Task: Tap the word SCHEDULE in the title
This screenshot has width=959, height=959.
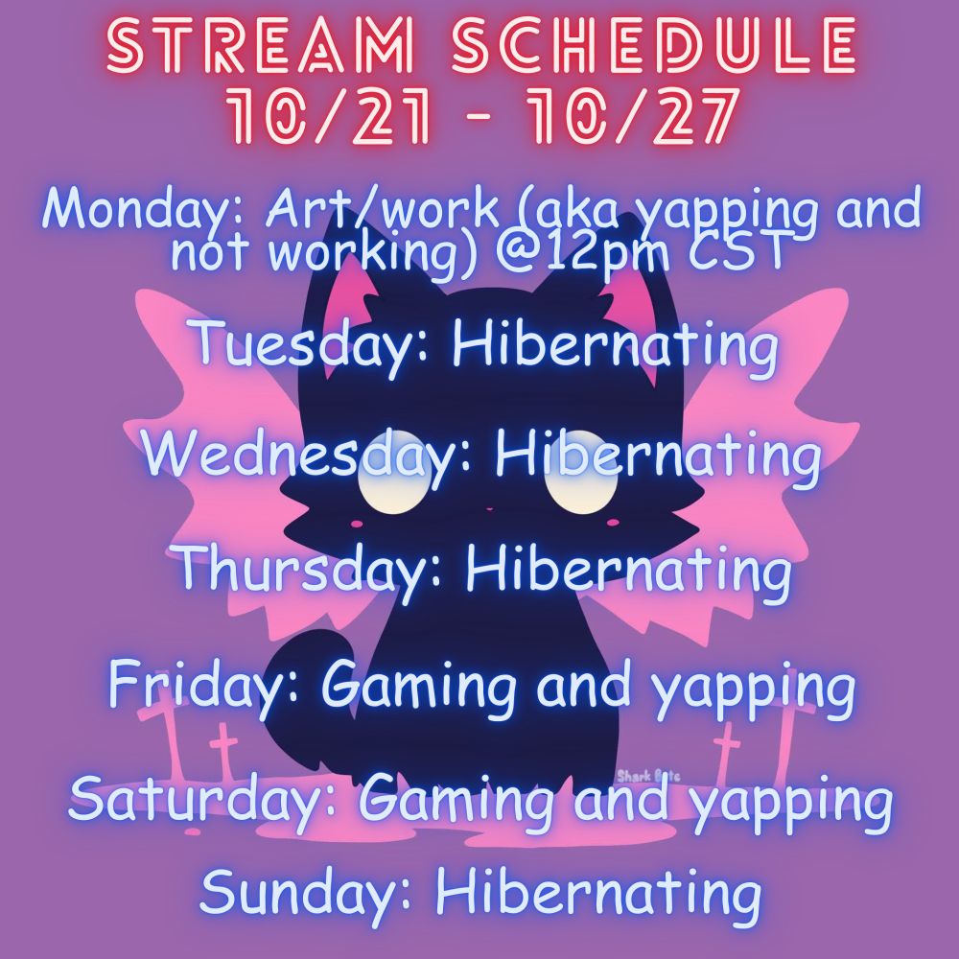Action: tap(653, 46)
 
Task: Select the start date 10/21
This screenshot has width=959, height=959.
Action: tap(328, 116)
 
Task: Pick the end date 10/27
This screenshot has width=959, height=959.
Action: tap(632, 116)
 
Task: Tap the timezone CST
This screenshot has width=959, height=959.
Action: tap(737, 249)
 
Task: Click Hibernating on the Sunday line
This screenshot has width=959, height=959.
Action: tap(598, 894)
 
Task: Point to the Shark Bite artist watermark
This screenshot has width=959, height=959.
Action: tap(648, 777)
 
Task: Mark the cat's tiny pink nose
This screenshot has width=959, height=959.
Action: tap(489, 508)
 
